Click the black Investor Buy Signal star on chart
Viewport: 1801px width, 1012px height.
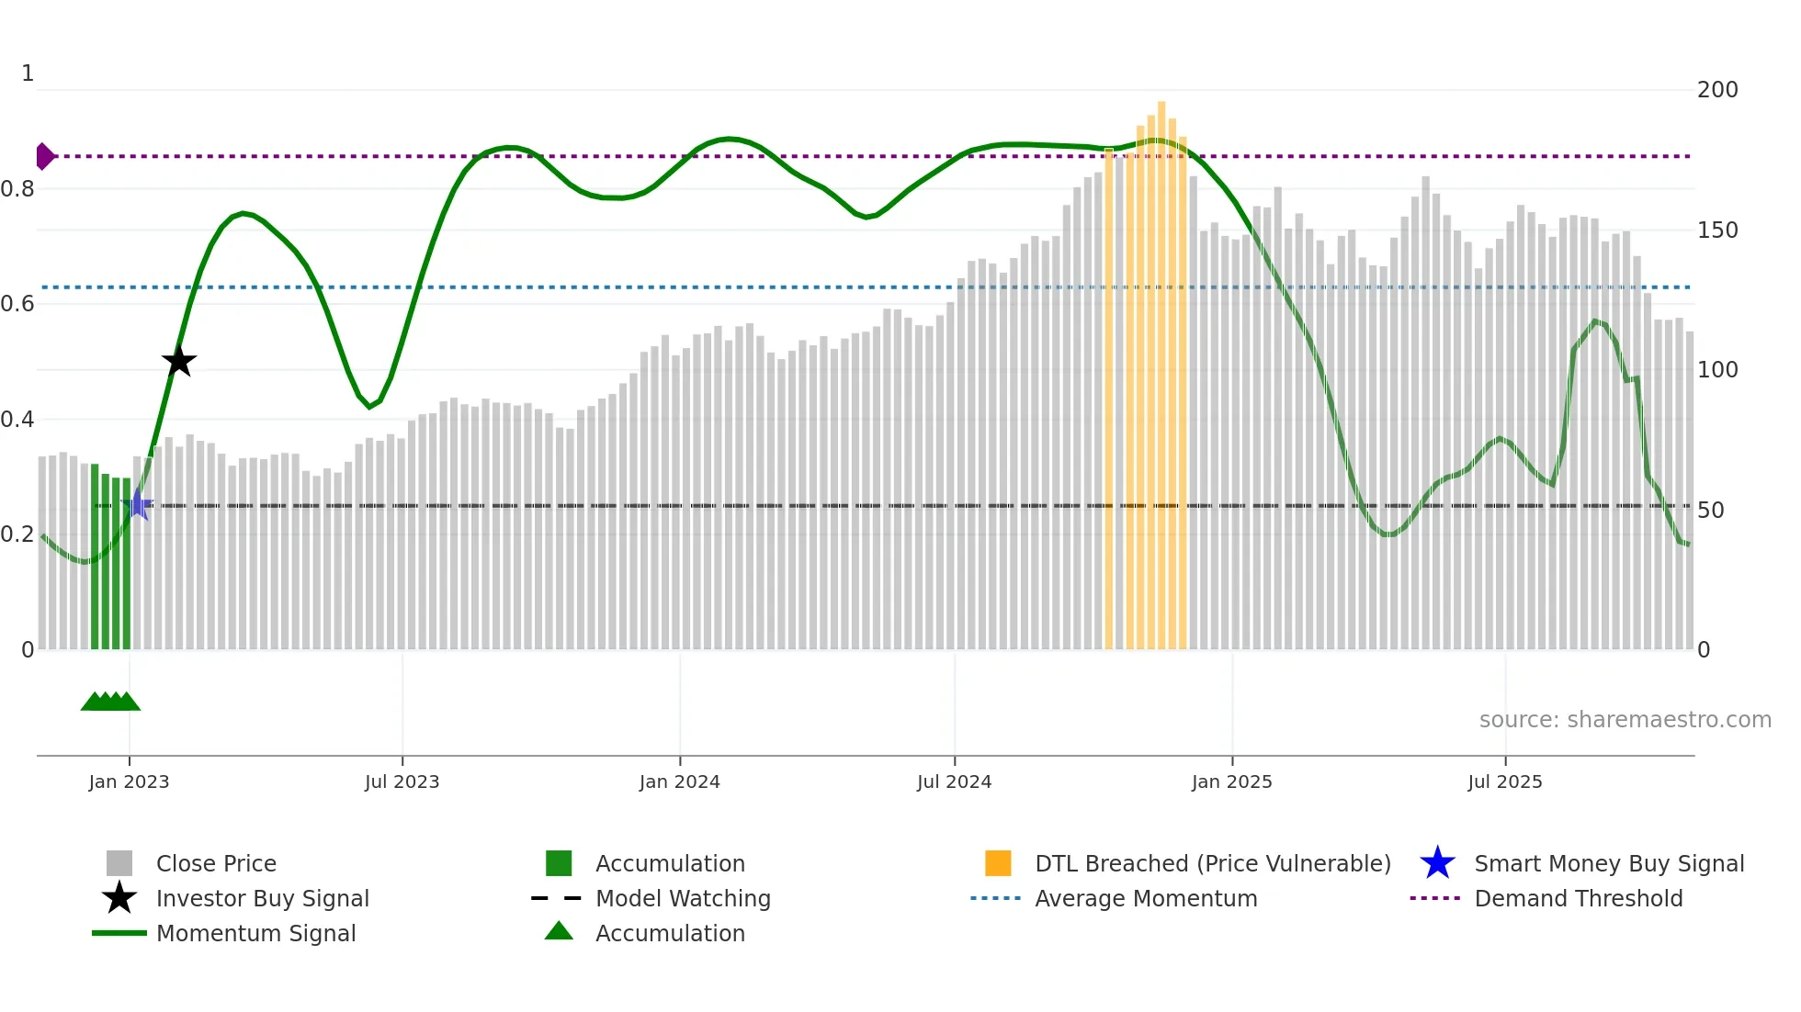[x=179, y=362]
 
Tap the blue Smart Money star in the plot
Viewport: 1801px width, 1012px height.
[x=138, y=504]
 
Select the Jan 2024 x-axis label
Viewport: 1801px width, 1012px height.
[x=679, y=781]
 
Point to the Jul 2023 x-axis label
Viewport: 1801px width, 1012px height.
[x=402, y=781]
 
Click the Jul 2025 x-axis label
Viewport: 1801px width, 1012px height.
[x=1504, y=781]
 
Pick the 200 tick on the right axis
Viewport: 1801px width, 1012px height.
[x=1716, y=90]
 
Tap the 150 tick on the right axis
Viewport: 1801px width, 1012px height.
[x=1716, y=231]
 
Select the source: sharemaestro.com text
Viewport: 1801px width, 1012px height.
[x=1625, y=720]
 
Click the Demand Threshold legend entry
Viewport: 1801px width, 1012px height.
[x=1578, y=898]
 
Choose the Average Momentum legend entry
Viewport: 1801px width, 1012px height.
[x=1145, y=898]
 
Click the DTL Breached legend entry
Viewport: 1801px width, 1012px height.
[x=1212, y=863]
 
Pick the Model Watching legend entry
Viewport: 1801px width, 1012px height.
[x=682, y=898]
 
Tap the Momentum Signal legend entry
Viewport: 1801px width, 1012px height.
[x=255, y=933]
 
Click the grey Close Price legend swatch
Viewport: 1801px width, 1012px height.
[x=119, y=863]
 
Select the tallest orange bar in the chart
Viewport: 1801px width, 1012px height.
[x=1161, y=367]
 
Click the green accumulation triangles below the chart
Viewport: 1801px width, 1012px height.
[x=110, y=702]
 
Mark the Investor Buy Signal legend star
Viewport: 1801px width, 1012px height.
[x=119, y=898]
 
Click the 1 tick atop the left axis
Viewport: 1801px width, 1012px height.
[x=28, y=73]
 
